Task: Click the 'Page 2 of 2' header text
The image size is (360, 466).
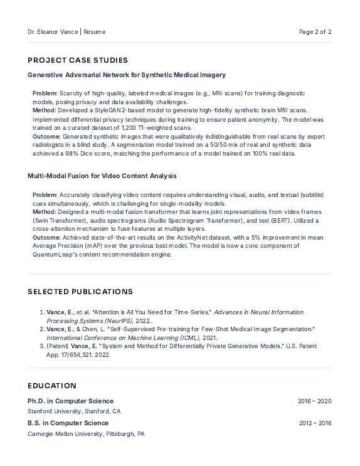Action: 315,31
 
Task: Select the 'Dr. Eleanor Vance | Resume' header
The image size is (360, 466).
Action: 66,31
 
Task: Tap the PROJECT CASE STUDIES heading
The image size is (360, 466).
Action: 78,60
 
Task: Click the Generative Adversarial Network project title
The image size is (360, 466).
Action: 127,75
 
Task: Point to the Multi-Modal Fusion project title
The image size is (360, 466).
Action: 102,176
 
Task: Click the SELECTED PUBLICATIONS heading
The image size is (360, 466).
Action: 80,292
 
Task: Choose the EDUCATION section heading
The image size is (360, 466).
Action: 52,386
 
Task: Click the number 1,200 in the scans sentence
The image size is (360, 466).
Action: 113,127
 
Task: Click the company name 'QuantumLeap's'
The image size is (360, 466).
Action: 56,255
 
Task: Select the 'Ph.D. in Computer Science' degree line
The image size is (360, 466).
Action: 70,401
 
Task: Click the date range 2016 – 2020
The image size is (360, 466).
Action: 315,401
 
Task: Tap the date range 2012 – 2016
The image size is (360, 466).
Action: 315,423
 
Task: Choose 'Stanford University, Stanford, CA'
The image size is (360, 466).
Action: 74,411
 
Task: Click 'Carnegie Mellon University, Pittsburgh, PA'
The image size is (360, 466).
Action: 86,433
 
